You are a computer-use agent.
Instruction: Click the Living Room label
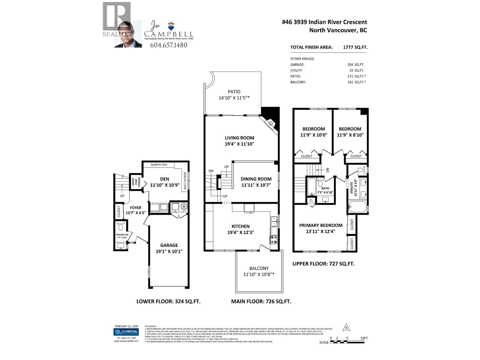pyautogui.click(x=239, y=138)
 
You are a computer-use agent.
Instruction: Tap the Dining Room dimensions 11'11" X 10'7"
pyautogui.click(x=256, y=185)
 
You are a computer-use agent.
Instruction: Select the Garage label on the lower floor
pyautogui.click(x=169, y=245)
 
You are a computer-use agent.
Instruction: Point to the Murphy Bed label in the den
pyautogui.click(x=159, y=165)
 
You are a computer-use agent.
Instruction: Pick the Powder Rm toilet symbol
pyautogui.click(x=121, y=227)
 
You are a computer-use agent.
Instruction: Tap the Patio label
pyautogui.click(x=234, y=92)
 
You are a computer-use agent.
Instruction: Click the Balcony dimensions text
pyautogui.click(x=259, y=274)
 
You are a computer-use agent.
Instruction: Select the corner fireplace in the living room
pyautogui.click(x=270, y=123)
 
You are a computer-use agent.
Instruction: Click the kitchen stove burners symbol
pyautogui.click(x=274, y=239)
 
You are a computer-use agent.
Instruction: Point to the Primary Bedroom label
pyautogui.click(x=321, y=225)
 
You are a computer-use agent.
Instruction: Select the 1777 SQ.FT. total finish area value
pyautogui.click(x=355, y=47)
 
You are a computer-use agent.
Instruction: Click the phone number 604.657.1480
pyautogui.click(x=169, y=45)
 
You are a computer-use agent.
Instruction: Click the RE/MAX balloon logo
pyautogui.click(x=171, y=26)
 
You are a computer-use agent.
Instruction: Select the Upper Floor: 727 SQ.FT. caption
pyautogui.click(x=323, y=264)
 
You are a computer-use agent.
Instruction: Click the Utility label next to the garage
pyautogui.click(x=183, y=212)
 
